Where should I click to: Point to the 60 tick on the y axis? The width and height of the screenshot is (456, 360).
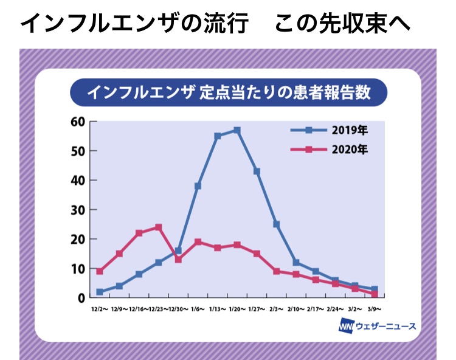pos(78,122)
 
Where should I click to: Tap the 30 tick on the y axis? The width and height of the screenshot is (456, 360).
pos(78,210)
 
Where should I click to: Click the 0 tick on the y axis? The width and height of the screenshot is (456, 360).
pos(81,298)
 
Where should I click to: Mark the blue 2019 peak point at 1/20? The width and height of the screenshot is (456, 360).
pos(237,131)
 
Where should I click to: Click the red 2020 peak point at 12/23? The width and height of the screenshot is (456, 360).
pos(159,227)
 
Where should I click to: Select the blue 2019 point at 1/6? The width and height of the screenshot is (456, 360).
pos(198,186)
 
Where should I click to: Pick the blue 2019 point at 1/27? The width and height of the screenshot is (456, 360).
pos(257,171)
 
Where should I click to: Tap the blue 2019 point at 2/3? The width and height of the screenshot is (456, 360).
pos(277,224)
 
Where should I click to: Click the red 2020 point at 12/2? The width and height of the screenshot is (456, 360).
pos(100,271)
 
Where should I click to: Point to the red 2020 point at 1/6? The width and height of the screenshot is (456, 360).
pos(198,242)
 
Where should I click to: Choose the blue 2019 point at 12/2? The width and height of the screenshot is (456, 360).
pos(100,292)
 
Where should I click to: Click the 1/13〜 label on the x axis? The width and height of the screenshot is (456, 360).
pos(218,309)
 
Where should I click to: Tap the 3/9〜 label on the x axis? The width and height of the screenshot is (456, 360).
pos(375,309)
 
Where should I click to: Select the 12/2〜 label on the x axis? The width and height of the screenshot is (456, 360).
pos(100,309)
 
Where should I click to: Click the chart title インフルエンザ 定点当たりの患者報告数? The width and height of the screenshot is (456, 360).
pos(228,93)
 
